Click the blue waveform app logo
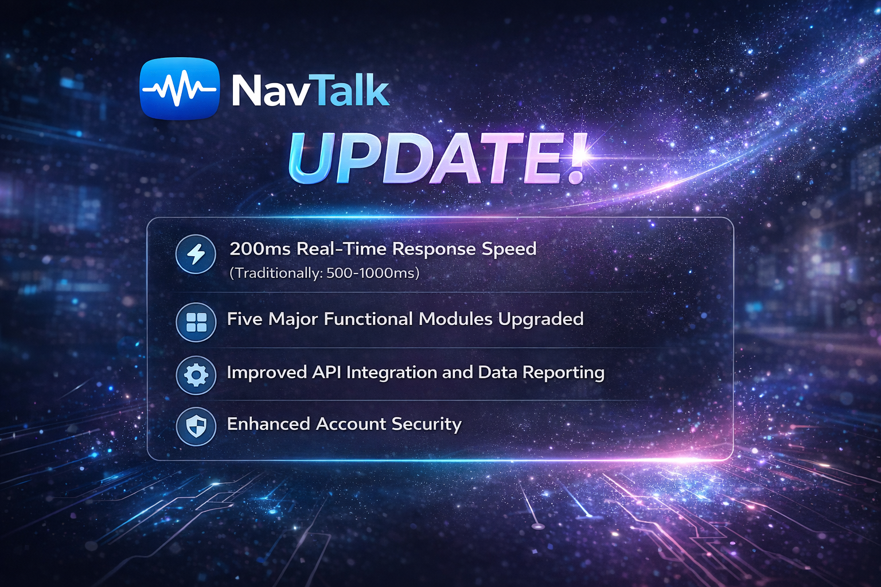tap(180, 89)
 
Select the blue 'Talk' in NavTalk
tap(349, 90)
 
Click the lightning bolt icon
tap(196, 254)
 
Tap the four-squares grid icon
tap(196, 322)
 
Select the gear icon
tap(196, 375)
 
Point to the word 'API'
tap(326, 373)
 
